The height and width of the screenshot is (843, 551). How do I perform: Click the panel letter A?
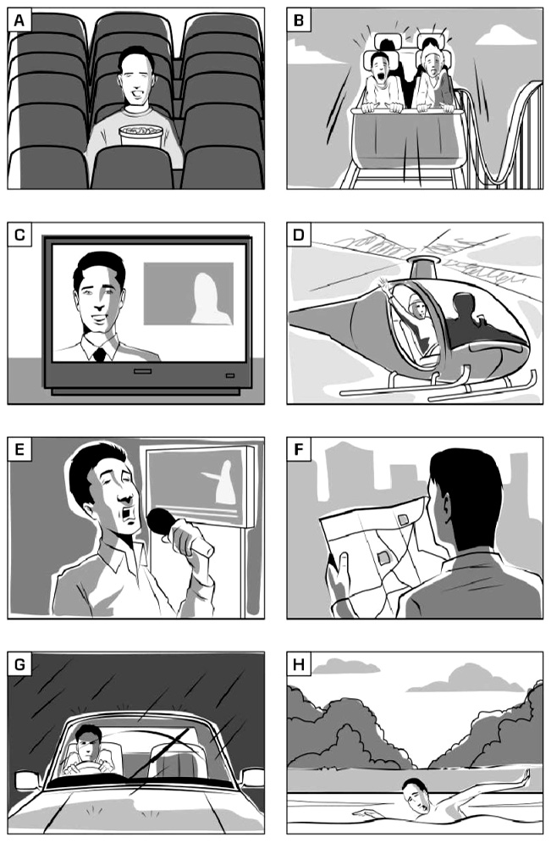coord(19,20)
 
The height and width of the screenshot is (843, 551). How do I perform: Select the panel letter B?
coord(299,20)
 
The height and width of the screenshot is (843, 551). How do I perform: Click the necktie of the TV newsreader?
coord(99,354)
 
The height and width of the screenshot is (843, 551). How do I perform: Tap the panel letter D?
coord(299,235)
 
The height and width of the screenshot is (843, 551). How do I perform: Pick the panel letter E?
coord(19,449)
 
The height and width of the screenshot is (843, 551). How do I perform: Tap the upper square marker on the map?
coord(404,520)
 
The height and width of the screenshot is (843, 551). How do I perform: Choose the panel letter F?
coord(299,449)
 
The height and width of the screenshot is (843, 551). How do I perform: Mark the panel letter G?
coord(19,664)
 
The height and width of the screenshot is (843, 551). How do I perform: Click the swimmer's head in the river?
coord(416,796)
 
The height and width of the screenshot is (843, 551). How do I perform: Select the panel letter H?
coord(299,664)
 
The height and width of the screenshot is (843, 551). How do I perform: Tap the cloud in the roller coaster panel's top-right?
coord(499,36)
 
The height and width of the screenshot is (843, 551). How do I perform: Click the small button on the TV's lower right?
coord(230,375)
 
